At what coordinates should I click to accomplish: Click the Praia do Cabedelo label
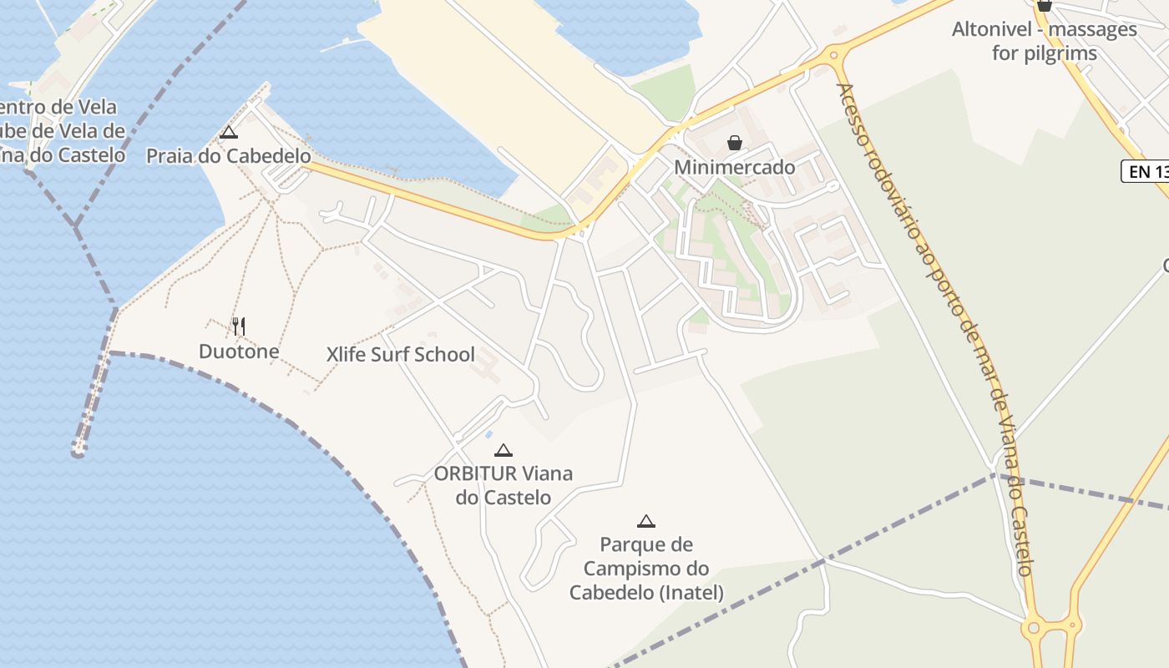coord(228,156)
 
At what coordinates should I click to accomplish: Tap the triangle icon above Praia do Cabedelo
coord(228,132)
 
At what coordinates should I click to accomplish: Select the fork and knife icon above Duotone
coord(239,326)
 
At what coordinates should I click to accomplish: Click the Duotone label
coord(239,352)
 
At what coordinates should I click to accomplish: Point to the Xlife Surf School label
coord(400,354)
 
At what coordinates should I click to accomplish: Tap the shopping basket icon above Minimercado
coord(735,143)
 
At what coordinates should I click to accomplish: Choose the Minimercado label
coord(735,167)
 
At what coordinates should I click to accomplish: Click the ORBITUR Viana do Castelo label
coord(503,485)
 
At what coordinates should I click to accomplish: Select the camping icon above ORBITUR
coord(503,451)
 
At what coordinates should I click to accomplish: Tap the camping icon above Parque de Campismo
coord(645,522)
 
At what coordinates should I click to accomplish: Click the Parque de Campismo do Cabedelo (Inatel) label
coord(646,569)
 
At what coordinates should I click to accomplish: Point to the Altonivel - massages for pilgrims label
coord(1044,41)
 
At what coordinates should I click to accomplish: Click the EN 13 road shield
coord(1146,172)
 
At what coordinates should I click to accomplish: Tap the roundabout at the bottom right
coord(1035,626)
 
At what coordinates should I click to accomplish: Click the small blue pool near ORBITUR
coord(489,433)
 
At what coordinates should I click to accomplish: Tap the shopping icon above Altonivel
coord(1044,6)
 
